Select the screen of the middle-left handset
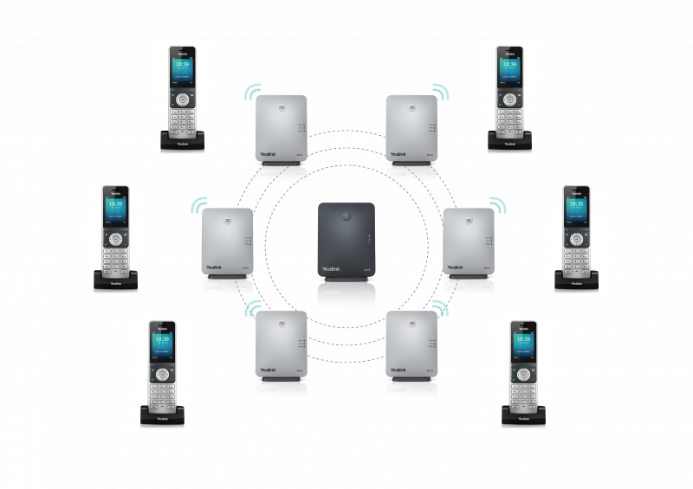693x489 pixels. pos(114,210)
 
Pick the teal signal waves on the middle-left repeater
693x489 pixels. pos(199,204)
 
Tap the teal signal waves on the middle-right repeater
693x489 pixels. pos(496,204)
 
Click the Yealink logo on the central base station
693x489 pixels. pos(331,270)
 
